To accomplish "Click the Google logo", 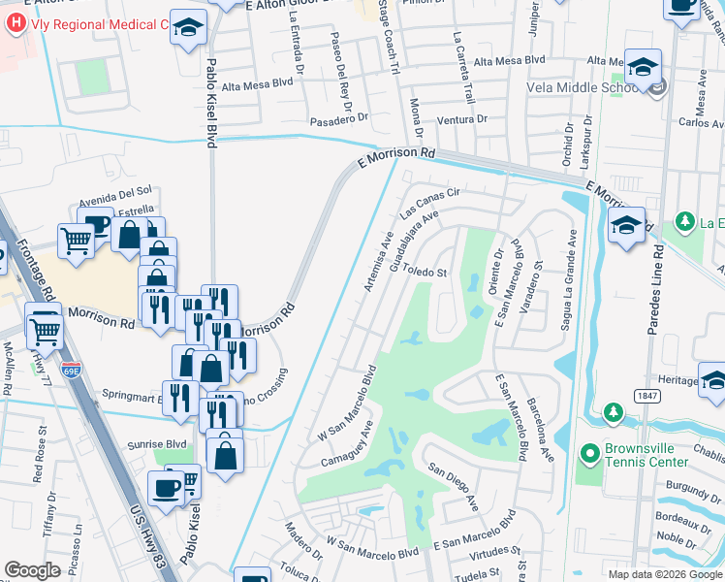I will coord(32,570).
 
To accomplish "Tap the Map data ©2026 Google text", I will coord(664,573).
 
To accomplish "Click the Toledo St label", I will coord(424,273).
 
